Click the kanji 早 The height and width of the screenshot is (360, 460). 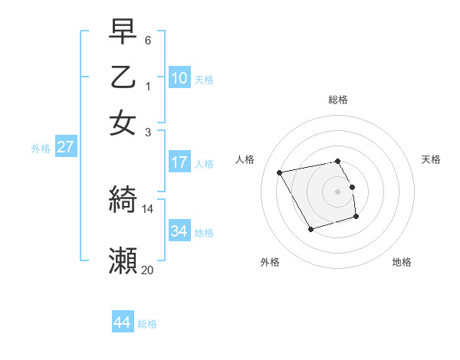[x=123, y=32]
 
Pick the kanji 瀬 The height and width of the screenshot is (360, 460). [x=123, y=260]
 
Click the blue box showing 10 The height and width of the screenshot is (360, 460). [x=179, y=78]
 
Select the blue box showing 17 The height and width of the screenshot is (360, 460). [x=179, y=162]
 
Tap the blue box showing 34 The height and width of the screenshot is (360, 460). [x=179, y=231]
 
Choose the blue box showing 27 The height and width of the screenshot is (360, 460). [x=65, y=147]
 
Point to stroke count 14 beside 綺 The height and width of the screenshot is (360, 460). [x=148, y=208]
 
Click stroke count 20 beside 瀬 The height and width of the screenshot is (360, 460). [x=148, y=270]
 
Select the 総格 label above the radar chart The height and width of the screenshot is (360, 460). [x=338, y=100]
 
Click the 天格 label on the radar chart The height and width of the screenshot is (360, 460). [x=431, y=159]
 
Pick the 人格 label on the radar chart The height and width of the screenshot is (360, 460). [x=245, y=159]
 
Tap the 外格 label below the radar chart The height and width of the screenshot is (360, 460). [x=270, y=263]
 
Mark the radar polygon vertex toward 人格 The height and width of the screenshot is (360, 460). [x=280, y=172]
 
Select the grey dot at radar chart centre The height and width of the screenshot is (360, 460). [x=338, y=191]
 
